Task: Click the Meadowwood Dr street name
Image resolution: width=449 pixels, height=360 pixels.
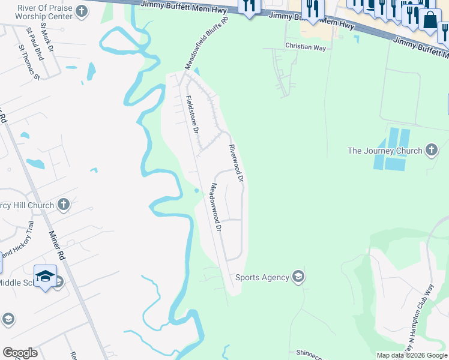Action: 216,208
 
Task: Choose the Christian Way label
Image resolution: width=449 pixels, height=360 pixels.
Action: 306,46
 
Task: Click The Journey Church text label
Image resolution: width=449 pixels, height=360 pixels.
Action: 385,151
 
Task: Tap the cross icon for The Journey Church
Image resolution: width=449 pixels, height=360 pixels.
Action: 432,150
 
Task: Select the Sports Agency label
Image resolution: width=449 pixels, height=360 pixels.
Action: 262,277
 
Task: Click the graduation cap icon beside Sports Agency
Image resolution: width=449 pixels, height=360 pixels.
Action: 298,277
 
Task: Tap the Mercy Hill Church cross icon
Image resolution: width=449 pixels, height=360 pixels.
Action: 64,205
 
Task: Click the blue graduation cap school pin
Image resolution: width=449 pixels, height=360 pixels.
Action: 45,276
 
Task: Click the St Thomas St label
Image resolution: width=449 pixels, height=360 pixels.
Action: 29,62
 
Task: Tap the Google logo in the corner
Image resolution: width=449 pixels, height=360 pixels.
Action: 20,353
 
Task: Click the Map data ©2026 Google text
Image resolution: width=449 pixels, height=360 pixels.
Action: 411,355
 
